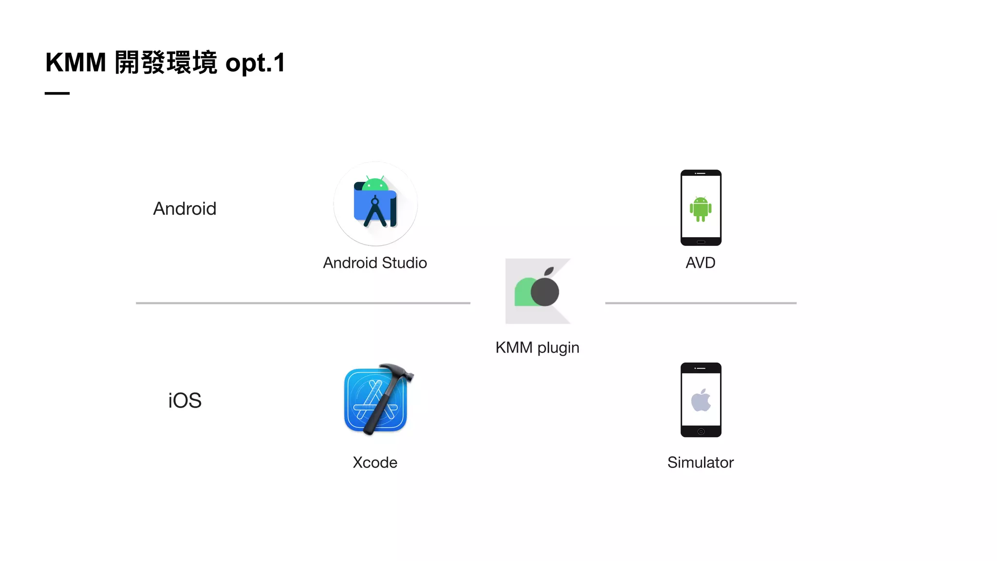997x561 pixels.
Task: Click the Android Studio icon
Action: (375, 204)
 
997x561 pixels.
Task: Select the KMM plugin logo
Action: (538, 291)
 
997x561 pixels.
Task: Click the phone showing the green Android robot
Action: (701, 207)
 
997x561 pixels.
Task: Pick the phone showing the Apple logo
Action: (701, 400)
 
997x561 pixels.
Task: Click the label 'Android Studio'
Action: (375, 263)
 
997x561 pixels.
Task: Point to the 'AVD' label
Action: (701, 263)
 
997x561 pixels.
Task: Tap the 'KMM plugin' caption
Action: (537, 348)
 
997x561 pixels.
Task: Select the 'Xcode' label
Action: (375, 462)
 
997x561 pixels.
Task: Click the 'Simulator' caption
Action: (701, 462)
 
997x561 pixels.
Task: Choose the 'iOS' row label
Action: (185, 401)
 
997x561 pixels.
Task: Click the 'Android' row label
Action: (185, 209)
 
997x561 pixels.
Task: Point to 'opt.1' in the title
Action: (255, 63)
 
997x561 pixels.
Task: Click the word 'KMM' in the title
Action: (75, 63)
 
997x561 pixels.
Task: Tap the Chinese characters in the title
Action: (166, 63)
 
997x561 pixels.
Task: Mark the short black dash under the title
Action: (57, 93)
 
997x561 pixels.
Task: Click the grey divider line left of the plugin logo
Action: (303, 303)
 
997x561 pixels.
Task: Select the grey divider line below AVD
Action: (701, 303)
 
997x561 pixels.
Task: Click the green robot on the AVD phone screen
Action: (701, 209)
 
